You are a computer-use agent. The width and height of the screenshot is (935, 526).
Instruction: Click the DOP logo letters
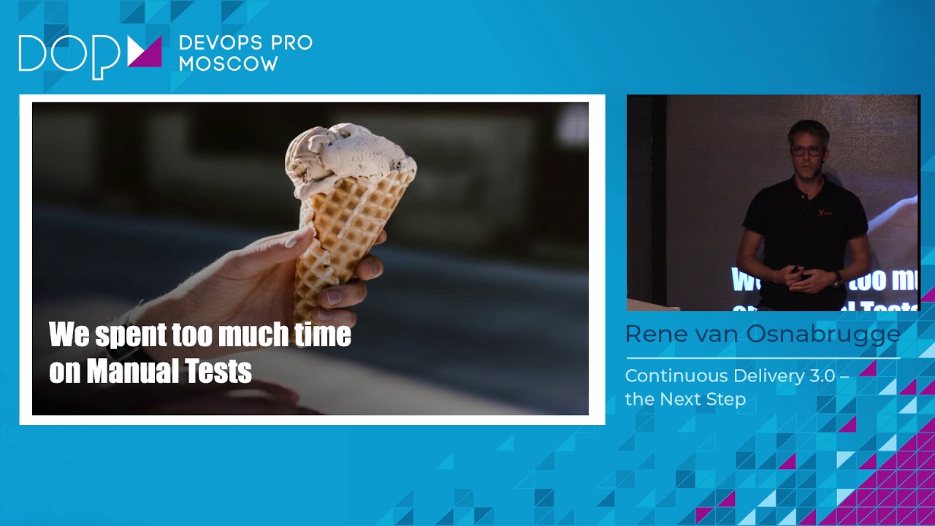pos(69,55)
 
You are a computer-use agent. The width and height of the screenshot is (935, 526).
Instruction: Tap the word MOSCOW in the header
pos(228,64)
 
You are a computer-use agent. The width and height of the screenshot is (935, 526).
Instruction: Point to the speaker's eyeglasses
pos(806,151)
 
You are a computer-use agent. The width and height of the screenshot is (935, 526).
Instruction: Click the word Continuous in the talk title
pos(676,376)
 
